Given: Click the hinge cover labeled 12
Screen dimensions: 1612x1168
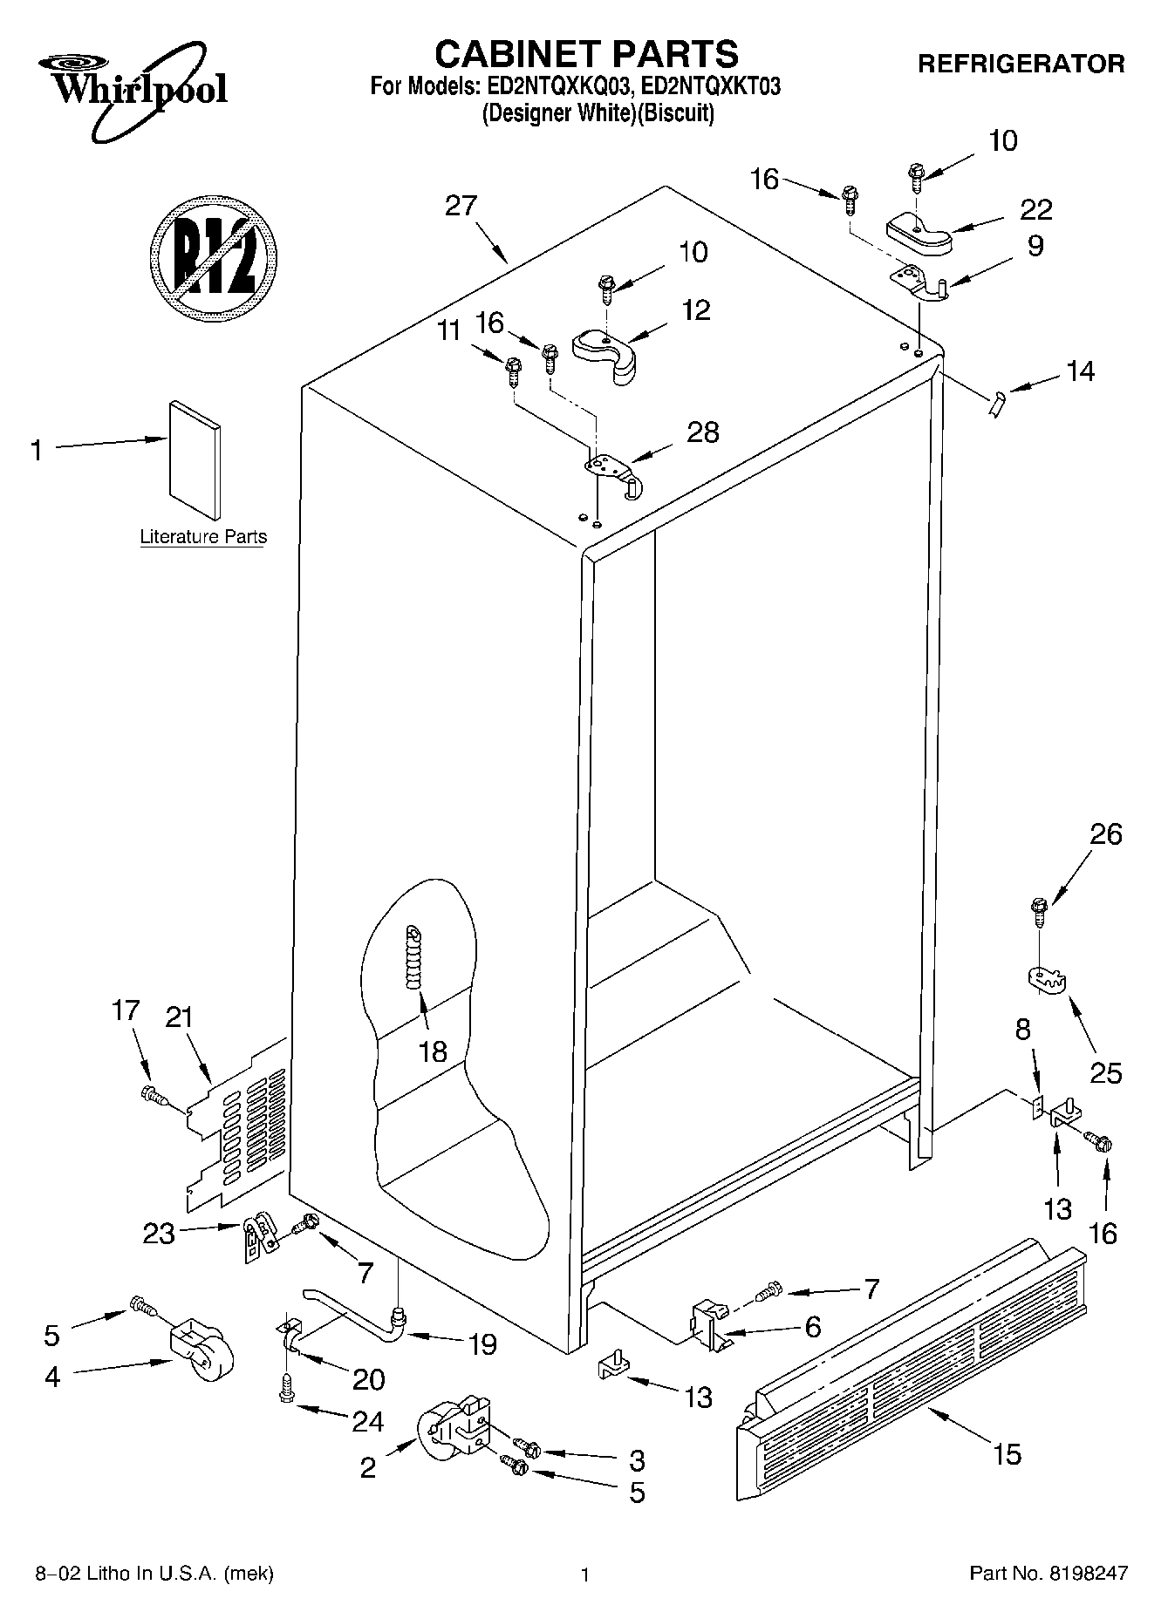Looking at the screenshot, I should coord(607,354).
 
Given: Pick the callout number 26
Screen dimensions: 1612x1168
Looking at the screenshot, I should coord(1105,834).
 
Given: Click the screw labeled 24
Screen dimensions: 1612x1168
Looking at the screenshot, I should coord(285,1389).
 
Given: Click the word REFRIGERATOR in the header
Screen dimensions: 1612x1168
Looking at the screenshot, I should coord(1021,64).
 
